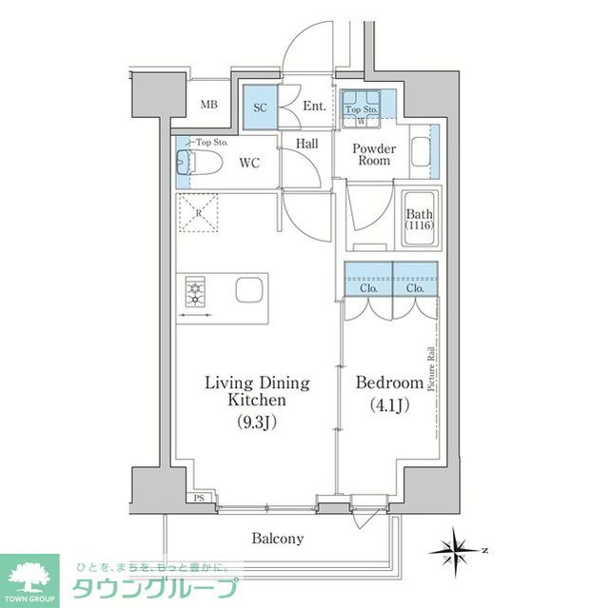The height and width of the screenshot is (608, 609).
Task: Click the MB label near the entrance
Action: point(208,106)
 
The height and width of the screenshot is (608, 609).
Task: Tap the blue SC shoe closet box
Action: point(260,106)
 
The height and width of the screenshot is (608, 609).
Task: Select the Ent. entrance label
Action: point(315,107)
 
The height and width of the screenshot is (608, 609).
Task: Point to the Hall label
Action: point(306,143)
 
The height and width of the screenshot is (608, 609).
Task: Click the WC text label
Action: point(249,163)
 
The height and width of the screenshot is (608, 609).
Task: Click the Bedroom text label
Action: point(388,382)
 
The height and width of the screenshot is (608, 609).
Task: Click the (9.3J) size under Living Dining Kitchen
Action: point(258,422)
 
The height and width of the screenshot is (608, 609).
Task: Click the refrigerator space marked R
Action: point(197,212)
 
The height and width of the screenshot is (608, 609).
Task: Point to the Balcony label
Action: point(278,539)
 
